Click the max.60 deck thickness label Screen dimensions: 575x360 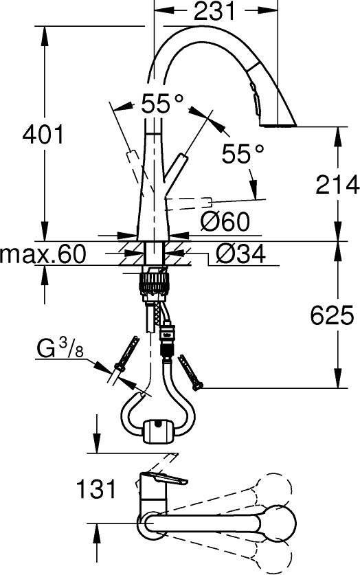43,256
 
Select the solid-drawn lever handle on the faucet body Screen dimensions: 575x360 177,170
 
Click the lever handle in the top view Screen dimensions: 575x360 164,482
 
